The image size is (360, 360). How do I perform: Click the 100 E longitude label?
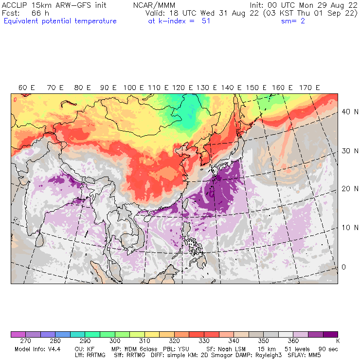click(133, 88)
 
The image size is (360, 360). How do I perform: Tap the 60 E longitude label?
click(26, 88)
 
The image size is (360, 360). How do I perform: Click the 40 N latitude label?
click(347, 112)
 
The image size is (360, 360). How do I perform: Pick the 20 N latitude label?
click(347, 189)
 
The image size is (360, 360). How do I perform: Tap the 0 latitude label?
click(343, 267)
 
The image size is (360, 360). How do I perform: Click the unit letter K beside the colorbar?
click(337, 342)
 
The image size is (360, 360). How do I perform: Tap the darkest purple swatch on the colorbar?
click(331, 334)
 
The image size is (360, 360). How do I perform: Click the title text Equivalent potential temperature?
click(60, 21)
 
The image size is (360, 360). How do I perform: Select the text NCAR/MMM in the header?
click(154, 5)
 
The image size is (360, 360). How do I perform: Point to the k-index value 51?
click(206, 21)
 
